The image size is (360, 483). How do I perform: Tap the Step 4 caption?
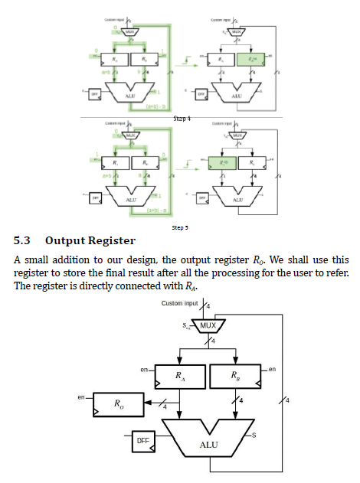point(181,119)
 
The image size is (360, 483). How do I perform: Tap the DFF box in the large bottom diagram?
point(143,441)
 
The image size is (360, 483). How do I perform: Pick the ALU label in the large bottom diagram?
point(208,445)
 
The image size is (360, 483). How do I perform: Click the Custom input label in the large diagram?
point(180,304)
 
